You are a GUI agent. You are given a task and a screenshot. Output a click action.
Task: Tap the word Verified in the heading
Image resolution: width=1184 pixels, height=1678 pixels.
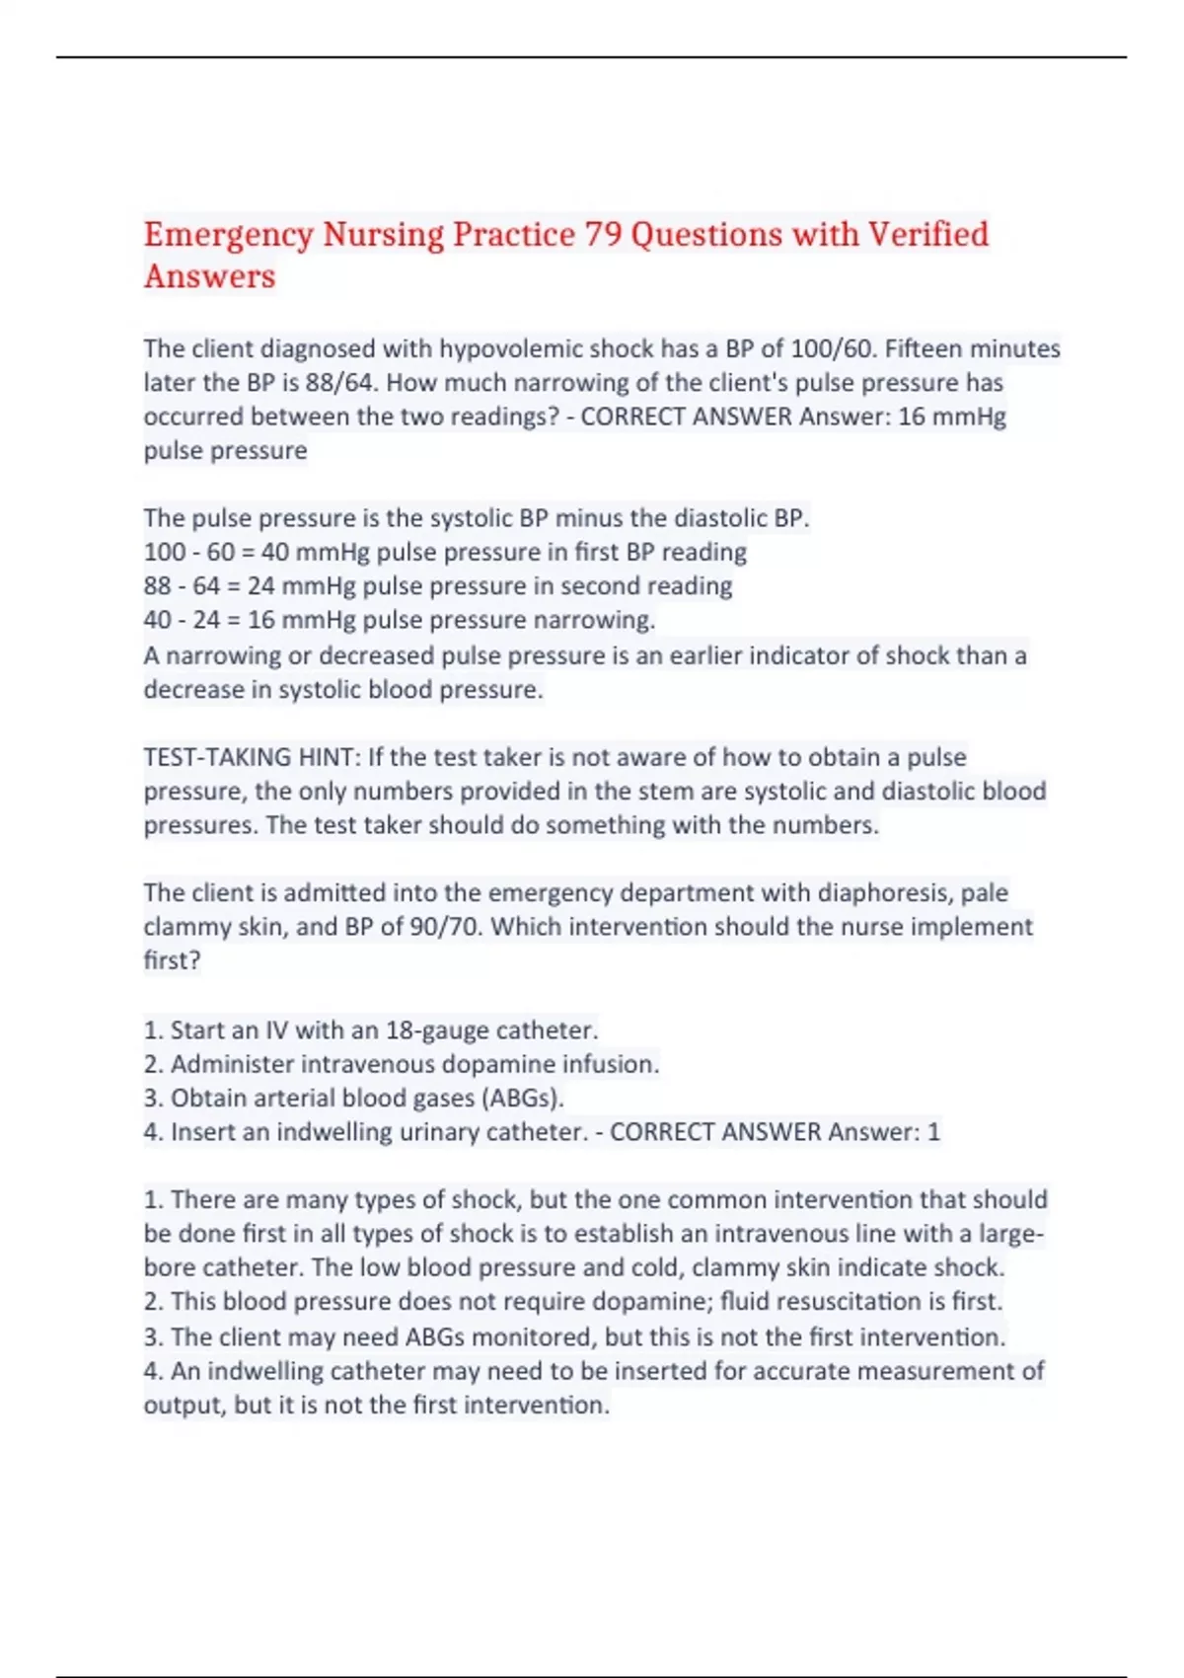tap(927, 235)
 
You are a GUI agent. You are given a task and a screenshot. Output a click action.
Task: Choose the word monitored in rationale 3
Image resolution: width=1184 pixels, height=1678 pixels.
tap(534, 1337)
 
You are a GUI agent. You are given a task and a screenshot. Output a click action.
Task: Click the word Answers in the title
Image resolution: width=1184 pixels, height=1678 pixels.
tap(209, 276)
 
